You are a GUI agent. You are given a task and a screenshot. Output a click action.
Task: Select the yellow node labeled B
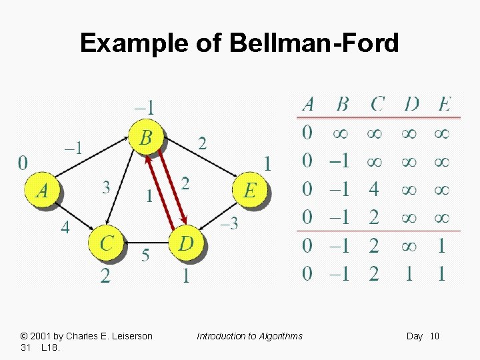[145, 138]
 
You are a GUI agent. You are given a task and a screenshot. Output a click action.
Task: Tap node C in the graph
[107, 243]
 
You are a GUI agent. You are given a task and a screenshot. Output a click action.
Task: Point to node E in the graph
[249, 190]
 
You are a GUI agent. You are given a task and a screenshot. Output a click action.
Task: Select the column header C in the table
[377, 104]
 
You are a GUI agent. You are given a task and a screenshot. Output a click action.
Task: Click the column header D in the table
[411, 104]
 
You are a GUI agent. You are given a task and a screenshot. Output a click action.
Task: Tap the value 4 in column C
[374, 189]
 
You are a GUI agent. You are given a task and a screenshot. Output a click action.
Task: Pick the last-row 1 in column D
[409, 273]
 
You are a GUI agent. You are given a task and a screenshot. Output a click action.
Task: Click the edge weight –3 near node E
[229, 224]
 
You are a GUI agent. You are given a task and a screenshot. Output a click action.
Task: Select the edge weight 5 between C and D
[145, 256]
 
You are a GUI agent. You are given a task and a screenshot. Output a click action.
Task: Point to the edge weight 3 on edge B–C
[106, 187]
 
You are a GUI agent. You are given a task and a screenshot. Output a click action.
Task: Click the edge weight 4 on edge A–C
[65, 227]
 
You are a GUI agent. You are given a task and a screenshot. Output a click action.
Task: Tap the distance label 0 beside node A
[23, 163]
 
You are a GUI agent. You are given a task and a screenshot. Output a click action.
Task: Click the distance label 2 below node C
[105, 275]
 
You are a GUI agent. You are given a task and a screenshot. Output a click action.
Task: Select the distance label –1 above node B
[145, 107]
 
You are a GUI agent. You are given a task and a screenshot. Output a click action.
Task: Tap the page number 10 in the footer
[435, 336]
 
